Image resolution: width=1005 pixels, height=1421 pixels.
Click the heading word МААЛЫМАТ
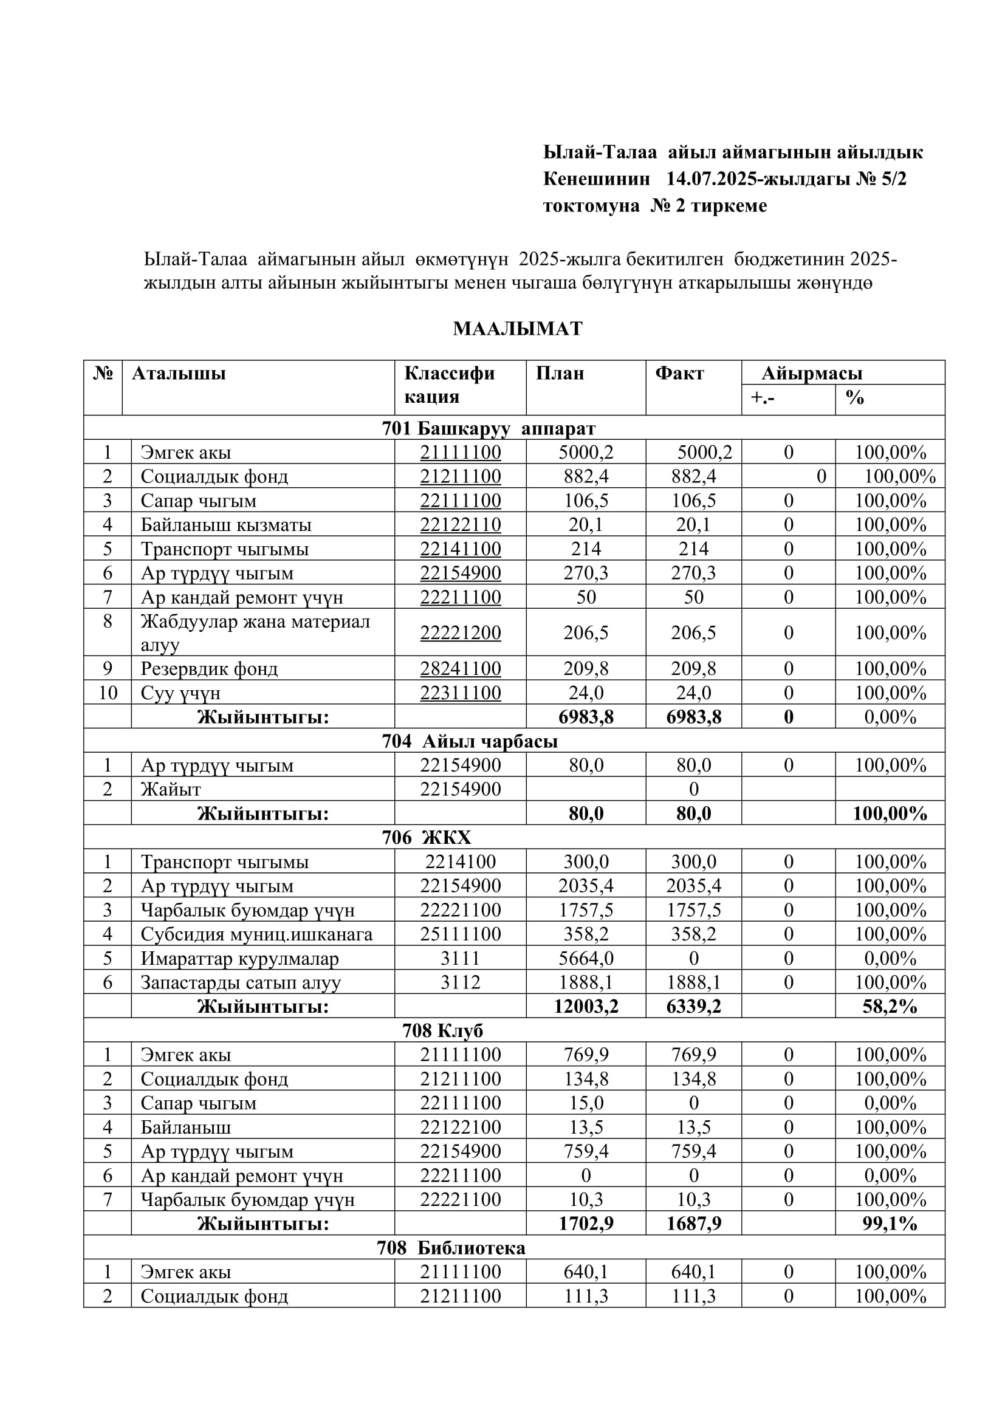pyautogui.click(x=517, y=328)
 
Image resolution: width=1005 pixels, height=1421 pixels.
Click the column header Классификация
pyautogui.click(x=449, y=385)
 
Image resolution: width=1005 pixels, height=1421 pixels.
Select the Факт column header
pyautogui.click(x=679, y=373)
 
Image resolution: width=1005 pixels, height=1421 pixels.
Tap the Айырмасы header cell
pyautogui.click(x=811, y=373)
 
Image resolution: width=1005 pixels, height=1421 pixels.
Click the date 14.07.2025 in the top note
pyautogui.click(x=711, y=179)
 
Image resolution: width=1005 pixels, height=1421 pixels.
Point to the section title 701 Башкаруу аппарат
pyautogui.click(x=489, y=428)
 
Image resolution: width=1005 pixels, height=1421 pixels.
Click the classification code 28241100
pyautogui.click(x=461, y=668)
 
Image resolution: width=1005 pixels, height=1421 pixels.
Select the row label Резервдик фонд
pyautogui.click(x=209, y=668)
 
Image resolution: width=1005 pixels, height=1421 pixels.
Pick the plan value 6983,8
pyautogui.click(x=585, y=717)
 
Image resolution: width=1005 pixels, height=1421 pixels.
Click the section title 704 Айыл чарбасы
pyautogui.click(x=470, y=741)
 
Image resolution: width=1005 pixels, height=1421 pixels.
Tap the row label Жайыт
pyautogui.click(x=171, y=789)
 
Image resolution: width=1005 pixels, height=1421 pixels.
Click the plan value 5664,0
pyautogui.click(x=585, y=958)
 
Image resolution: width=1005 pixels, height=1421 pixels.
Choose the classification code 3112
pyautogui.click(x=461, y=982)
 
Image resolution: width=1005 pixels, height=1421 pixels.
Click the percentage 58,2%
pyautogui.click(x=890, y=1006)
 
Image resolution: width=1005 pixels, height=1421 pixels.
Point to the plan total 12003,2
pyautogui.click(x=585, y=1006)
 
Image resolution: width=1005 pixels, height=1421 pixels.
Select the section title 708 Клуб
pyautogui.click(x=442, y=1030)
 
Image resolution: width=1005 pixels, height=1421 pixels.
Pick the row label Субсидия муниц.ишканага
pyautogui.click(x=257, y=934)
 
